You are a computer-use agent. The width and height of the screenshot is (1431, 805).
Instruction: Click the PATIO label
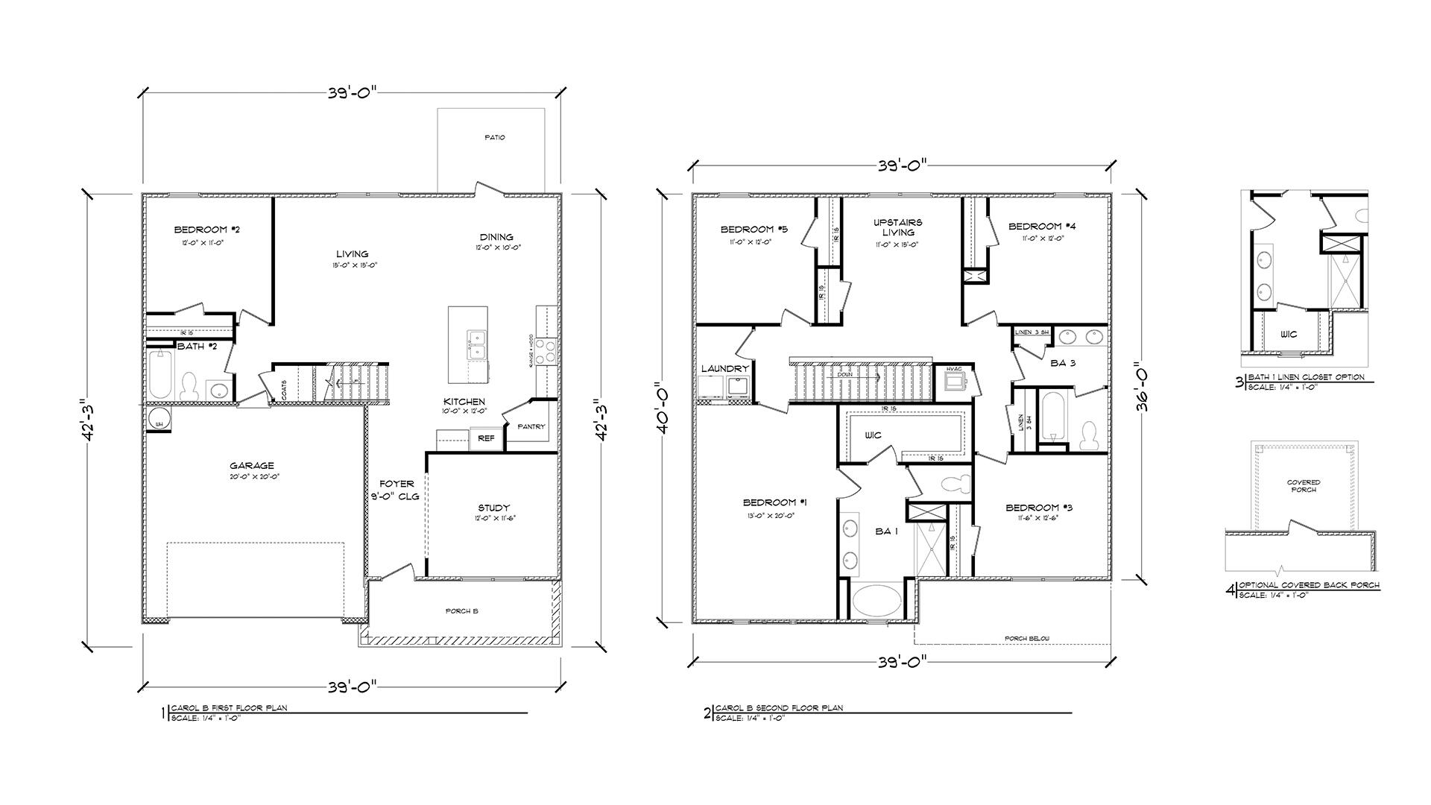pos(494,137)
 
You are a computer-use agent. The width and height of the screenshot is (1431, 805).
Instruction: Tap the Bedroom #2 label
pos(206,230)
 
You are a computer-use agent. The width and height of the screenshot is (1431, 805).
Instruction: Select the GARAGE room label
pos(251,466)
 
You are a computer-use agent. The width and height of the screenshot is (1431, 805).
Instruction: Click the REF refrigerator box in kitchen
pos(486,439)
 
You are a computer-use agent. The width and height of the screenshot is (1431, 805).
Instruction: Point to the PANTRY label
pos(531,427)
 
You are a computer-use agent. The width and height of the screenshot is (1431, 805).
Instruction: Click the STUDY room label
pos(494,508)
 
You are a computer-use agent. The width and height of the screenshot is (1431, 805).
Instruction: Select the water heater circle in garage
pos(159,419)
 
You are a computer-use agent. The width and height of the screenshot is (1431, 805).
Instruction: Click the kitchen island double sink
pos(476,345)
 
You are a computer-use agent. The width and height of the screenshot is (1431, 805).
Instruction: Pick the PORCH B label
pos(462,611)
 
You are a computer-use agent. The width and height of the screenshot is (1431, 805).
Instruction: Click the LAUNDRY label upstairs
pos(724,369)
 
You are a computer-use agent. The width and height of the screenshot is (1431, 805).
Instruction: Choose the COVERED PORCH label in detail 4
pos(1304,486)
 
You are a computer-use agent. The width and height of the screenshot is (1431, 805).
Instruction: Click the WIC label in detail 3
pos(1289,334)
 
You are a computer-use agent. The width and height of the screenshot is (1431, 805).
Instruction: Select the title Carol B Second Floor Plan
pos(778,708)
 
